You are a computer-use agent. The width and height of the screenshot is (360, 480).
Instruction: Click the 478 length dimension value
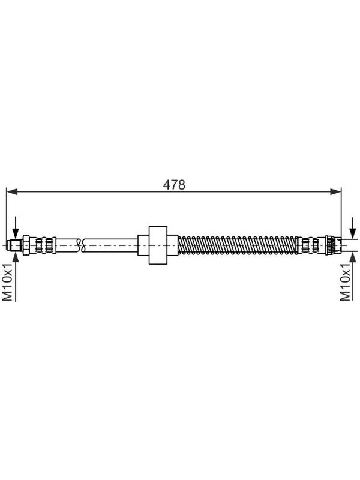point(174,185)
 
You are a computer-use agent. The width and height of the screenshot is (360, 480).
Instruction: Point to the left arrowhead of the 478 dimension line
point(11,191)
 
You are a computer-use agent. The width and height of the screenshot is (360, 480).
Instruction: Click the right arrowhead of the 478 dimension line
point(335,191)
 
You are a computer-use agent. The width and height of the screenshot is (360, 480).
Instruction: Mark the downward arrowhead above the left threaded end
point(15,233)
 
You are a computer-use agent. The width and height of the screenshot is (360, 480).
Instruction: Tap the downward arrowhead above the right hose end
point(353,233)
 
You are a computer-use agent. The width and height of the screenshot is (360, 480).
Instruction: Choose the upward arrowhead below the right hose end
point(353,257)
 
